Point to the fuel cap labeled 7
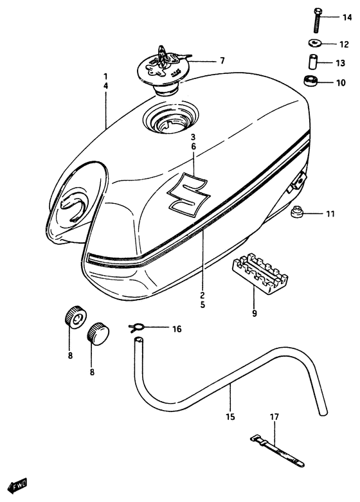(x=163, y=69)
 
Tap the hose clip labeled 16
(x=136, y=328)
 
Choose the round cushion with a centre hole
(x=75, y=319)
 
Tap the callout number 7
(x=222, y=61)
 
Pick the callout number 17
(x=274, y=417)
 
